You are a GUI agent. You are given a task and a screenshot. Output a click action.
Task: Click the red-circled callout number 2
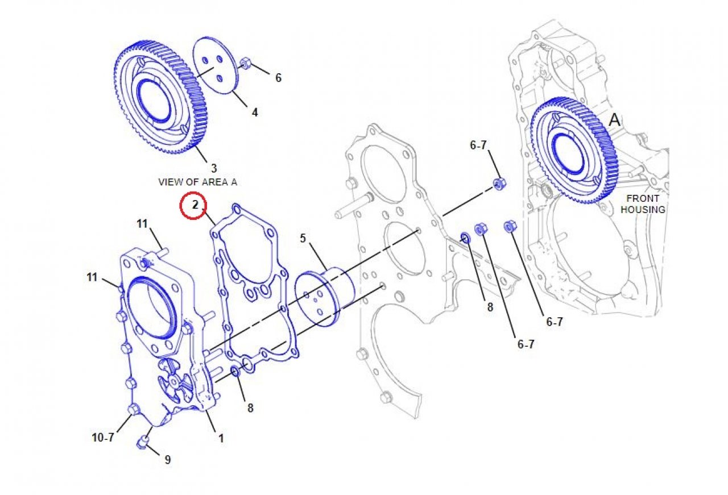click(x=195, y=205)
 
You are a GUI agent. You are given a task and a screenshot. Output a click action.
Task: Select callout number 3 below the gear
click(x=214, y=168)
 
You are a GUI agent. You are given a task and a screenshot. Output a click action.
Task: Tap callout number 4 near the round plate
click(x=255, y=113)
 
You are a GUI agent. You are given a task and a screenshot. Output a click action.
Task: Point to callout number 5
click(x=303, y=238)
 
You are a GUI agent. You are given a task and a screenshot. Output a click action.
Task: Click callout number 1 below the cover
click(x=221, y=439)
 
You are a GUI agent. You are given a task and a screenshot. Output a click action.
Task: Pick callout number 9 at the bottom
click(x=167, y=460)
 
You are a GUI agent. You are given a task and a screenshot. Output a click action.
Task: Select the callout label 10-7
click(x=103, y=438)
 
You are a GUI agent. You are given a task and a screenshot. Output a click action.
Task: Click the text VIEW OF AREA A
click(x=197, y=182)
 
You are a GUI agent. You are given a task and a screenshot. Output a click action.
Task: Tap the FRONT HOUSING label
click(x=643, y=204)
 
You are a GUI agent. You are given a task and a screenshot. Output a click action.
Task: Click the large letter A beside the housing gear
click(x=614, y=120)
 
